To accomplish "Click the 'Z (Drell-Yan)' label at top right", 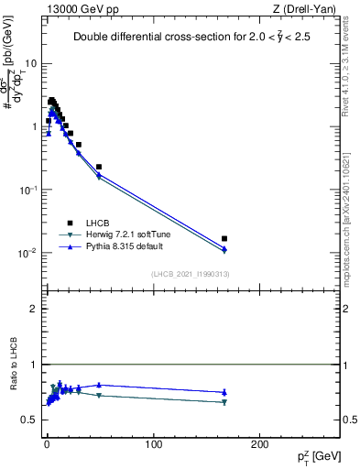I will point(290,9).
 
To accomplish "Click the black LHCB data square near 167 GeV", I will point(224,238).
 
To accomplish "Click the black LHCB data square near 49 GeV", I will point(99,167).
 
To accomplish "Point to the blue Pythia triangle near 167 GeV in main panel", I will point(224,248).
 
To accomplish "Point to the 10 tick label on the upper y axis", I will point(31,64).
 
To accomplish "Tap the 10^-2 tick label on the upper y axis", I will point(29,253).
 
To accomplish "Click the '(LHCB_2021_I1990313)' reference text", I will point(190,274).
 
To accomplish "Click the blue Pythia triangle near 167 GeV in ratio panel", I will point(224,392).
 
